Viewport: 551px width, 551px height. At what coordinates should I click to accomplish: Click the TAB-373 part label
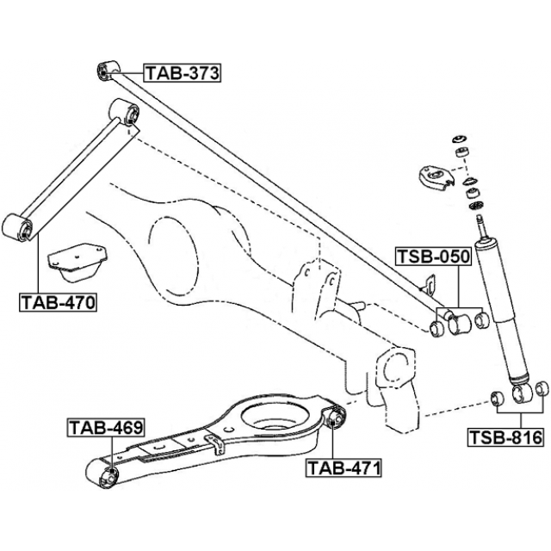[x=182, y=73]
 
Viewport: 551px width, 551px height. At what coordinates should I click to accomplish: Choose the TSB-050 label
[x=433, y=257]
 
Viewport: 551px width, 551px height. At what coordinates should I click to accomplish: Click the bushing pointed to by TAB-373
[x=108, y=69]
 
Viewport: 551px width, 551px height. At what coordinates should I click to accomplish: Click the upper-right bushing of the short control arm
[x=127, y=112]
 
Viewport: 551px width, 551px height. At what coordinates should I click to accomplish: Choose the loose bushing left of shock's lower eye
[x=496, y=397]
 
